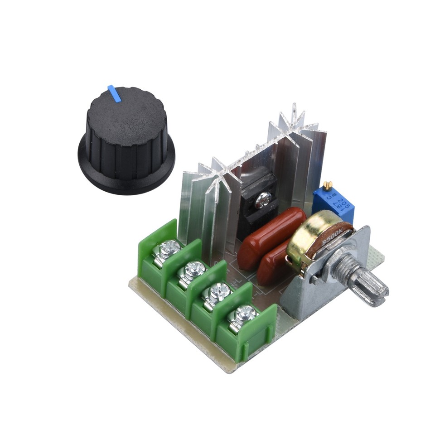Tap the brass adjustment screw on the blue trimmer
point(327,185)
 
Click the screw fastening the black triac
point(262,200)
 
